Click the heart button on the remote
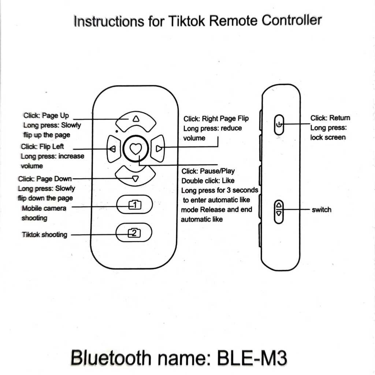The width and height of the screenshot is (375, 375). [135, 149]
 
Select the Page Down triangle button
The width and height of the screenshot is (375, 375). [135, 177]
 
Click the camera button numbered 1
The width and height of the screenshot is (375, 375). [134, 205]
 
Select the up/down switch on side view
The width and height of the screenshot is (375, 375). [279, 209]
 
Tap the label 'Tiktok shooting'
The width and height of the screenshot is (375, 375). [45, 235]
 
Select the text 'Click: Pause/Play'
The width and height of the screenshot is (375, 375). [208, 171]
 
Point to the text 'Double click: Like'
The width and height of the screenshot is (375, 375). [208, 181]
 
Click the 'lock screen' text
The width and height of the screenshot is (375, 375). [328, 137]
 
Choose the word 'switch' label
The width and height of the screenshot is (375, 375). [321, 210]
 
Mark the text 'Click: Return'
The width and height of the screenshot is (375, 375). [330, 118]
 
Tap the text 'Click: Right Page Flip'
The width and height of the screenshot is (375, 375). [216, 119]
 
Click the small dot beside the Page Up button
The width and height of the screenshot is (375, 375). [116, 130]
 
